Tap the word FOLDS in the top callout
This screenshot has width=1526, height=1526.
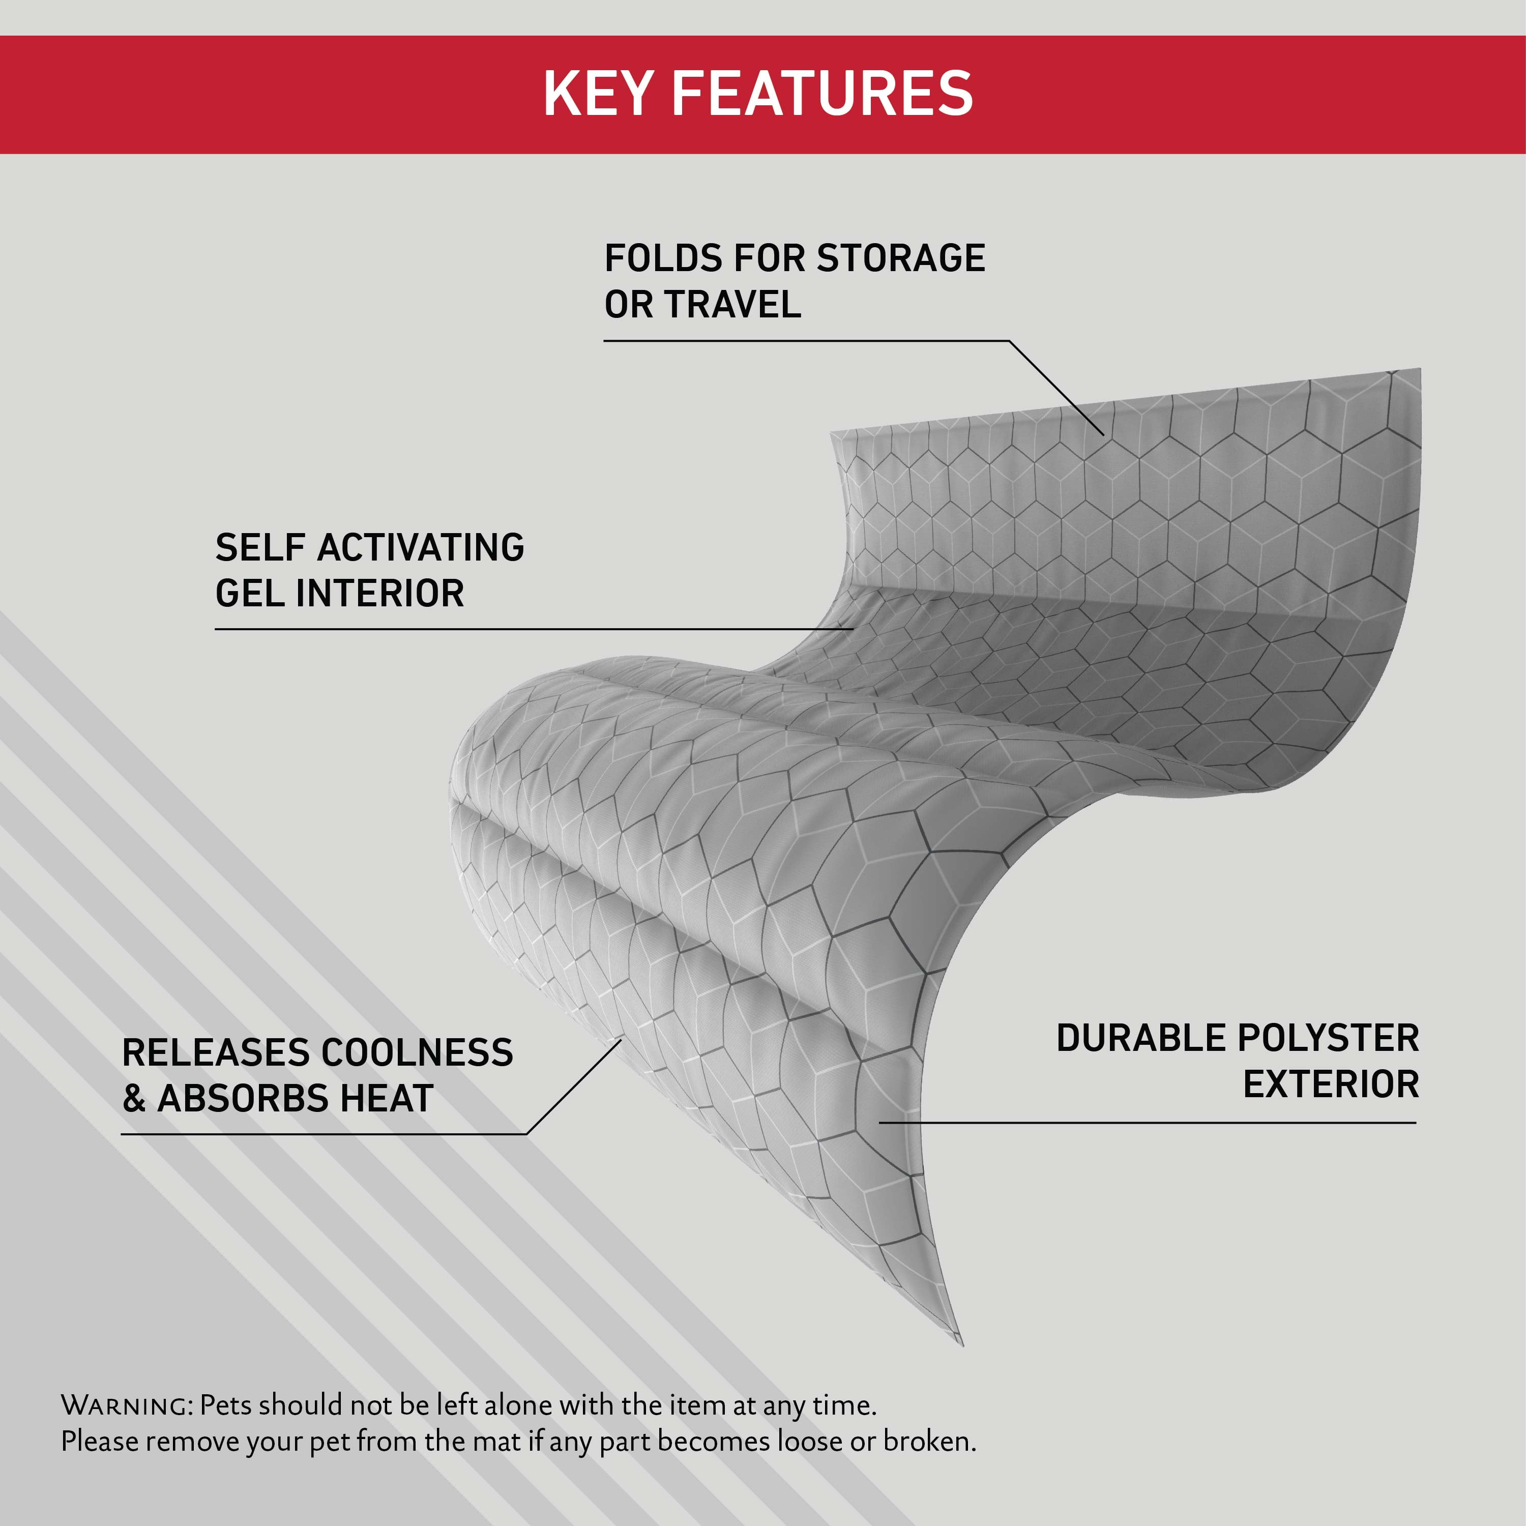tap(663, 258)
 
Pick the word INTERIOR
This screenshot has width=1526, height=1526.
tap(380, 593)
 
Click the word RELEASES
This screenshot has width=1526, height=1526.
tap(215, 1053)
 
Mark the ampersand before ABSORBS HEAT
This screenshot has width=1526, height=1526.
tap(134, 1099)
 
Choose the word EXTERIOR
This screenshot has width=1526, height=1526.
tap(1331, 1083)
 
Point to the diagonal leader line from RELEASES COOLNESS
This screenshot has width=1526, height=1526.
tap(574, 1087)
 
